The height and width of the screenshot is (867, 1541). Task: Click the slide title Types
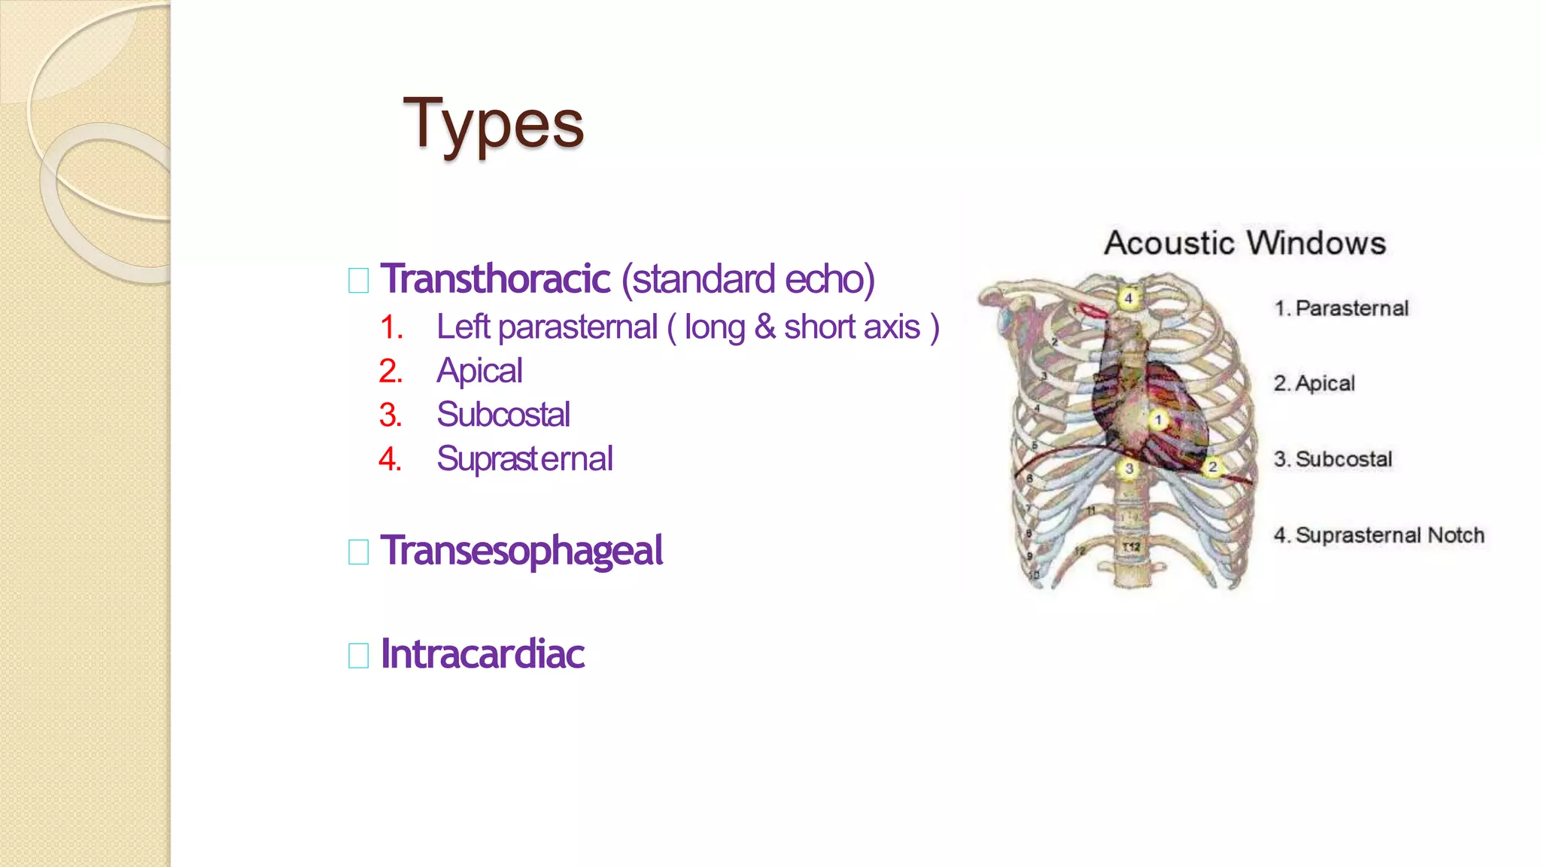494,125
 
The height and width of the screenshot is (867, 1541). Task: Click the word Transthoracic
495,279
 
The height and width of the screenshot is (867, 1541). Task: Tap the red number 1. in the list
391,327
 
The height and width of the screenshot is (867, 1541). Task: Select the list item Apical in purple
479,371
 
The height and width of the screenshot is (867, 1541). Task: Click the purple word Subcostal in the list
503,415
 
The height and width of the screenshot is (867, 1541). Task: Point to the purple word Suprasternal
524,459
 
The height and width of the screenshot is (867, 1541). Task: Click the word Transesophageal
521,551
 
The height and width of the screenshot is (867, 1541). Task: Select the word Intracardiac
482,654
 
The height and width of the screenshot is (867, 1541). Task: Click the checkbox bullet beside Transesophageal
359,552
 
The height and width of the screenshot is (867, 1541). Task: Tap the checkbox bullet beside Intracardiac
359,656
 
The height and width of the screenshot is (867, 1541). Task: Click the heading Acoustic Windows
1245,243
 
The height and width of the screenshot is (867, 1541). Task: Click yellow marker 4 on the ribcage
1128,298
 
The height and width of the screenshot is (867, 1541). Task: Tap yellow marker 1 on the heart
1159,419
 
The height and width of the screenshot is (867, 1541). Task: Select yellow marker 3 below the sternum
1129,469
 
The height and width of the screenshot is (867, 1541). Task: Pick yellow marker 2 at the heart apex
1212,467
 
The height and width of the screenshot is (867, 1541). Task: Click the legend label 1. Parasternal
1341,309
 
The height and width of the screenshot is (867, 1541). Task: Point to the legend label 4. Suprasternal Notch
1378,535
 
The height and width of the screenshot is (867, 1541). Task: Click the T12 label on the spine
1131,546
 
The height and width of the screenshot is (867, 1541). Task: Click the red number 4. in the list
390,459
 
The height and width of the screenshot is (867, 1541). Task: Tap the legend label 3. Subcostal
1333,459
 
